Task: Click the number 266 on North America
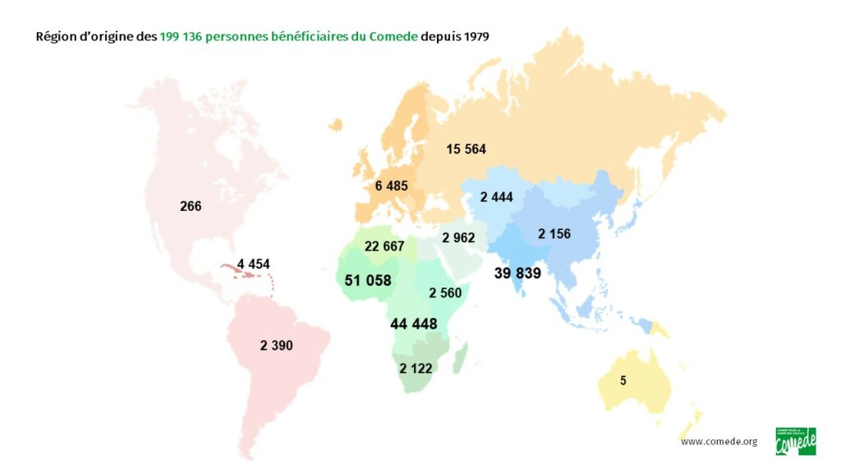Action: tap(191, 207)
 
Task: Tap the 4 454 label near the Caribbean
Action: tap(253, 264)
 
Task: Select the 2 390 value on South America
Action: tap(276, 346)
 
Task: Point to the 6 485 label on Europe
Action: tap(391, 186)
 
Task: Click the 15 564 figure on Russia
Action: tap(466, 149)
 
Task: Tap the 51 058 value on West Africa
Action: tap(368, 281)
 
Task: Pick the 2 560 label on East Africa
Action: tap(444, 292)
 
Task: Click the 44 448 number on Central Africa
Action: tap(414, 324)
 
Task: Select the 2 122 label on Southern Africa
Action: tap(416, 369)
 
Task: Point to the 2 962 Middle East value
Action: tap(458, 238)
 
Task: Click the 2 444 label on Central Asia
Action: tap(497, 196)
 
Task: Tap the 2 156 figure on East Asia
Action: tap(554, 234)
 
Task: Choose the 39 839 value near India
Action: tap(517, 273)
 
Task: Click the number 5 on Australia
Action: tap(623, 381)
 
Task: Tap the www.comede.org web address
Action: tap(719, 442)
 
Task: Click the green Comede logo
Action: tap(795, 441)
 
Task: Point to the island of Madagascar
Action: tap(461, 356)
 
